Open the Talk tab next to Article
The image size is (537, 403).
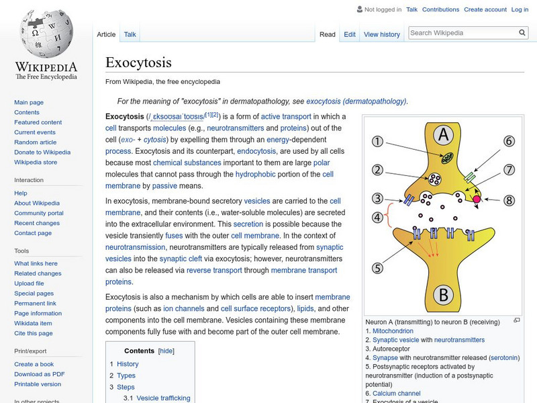click(x=130, y=34)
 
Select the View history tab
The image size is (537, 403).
click(x=381, y=34)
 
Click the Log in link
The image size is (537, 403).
click(x=520, y=10)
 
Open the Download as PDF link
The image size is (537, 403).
click(x=40, y=374)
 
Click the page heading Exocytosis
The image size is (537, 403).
click(x=138, y=62)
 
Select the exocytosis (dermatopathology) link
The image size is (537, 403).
click(x=356, y=101)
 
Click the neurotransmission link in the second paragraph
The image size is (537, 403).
click(x=135, y=247)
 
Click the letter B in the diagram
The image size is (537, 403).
click(x=442, y=293)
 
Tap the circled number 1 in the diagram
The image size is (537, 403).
click(x=378, y=142)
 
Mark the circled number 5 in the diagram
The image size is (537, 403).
click(x=377, y=268)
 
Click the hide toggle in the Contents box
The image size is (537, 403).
click(x=166, y=351)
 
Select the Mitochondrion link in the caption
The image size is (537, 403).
click(x=393, y=331)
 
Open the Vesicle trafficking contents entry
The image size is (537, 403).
click(x=163, y=398)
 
